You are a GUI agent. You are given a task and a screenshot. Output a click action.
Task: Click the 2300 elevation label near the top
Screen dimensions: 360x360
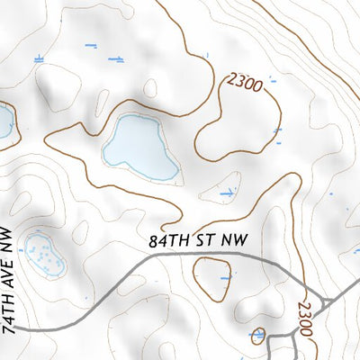[245, 85]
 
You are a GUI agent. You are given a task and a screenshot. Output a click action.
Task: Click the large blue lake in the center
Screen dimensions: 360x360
[139, 144]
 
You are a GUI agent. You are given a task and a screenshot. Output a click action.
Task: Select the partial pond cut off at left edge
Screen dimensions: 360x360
[4, 123]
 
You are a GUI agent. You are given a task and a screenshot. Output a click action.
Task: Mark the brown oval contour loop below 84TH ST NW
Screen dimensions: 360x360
[211, 278]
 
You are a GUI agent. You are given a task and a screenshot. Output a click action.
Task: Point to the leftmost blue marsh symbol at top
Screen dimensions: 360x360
[38, 58]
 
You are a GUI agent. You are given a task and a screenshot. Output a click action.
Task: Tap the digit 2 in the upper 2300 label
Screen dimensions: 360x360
[232, 79]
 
